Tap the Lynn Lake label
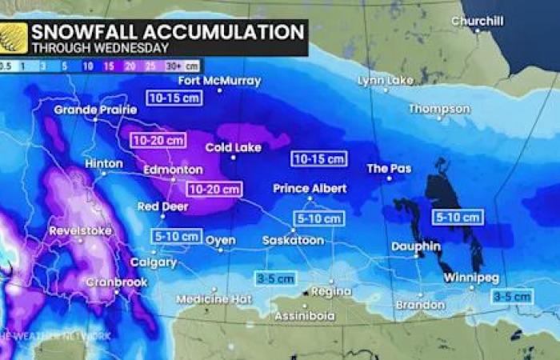[386, 81]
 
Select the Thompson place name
[439, 108]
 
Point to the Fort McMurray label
[208, 81]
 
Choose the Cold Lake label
[230, 147]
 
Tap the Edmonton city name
[173, 170]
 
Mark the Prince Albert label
[310, 188]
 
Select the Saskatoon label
[293, 240]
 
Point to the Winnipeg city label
[471, 278]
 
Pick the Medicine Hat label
[203, 298]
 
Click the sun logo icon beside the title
[14, 38]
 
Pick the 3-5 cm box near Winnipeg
[512, 296]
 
